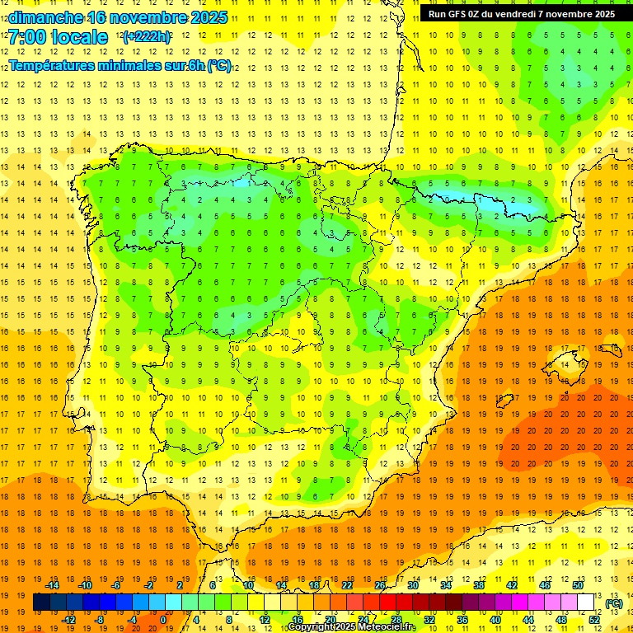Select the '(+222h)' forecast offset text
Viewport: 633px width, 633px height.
coord(147,37)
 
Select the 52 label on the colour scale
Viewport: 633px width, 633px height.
coord(594,619)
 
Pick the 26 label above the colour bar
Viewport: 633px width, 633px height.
coord(380,585)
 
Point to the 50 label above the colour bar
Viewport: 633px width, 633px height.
coord(578,585)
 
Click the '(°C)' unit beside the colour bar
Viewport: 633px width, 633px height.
coord(613,603)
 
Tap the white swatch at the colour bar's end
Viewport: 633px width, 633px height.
coord(586,603)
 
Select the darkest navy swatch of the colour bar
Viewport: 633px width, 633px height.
coord(41,603)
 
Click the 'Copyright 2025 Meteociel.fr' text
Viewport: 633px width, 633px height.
coord(351,627)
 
